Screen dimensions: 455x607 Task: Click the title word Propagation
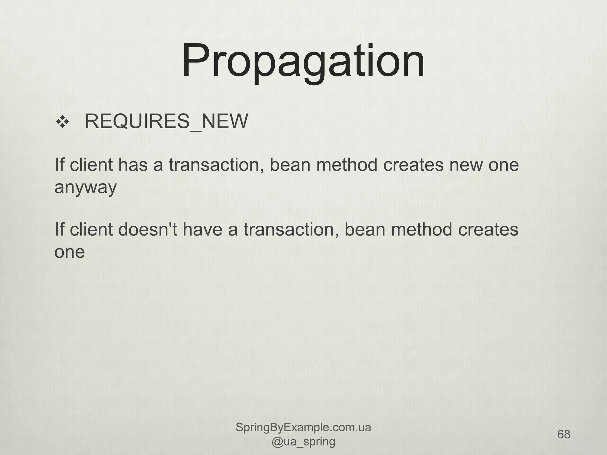pos(303,61)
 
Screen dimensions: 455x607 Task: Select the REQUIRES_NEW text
pos(166,121)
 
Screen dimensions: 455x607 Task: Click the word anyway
pos(86,188)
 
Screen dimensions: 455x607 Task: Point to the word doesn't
pos(148,230)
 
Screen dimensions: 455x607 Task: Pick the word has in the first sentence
pos(133,165)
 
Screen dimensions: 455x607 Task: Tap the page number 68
pos(564,434)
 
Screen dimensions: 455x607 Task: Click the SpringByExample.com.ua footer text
pos(303,427)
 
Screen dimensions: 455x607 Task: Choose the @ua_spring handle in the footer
pos(303,442)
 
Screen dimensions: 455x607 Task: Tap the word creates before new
pos(413,165)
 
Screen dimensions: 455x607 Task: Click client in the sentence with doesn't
pos(91,230)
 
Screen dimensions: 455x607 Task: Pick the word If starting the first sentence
pos(59,165)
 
